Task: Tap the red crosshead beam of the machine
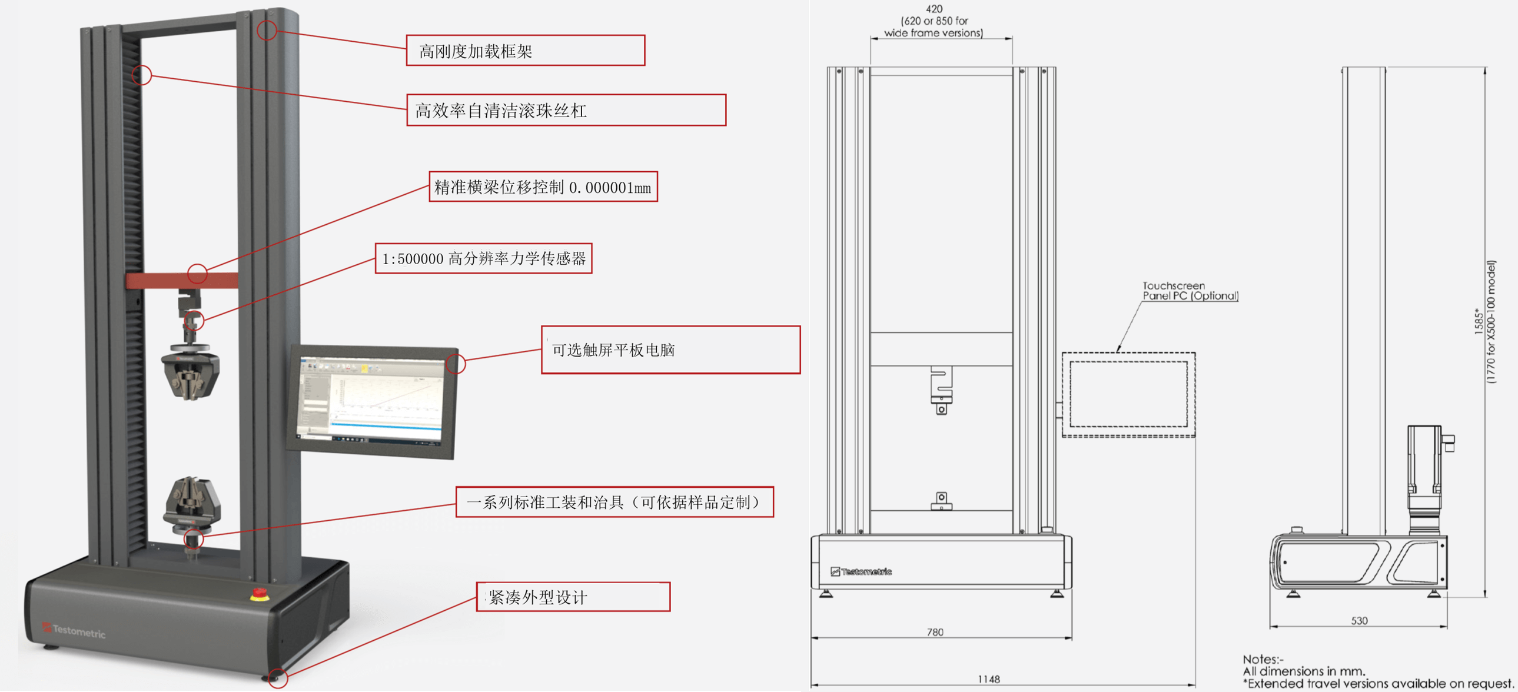pos(181,280)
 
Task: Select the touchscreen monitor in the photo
pos(373,401)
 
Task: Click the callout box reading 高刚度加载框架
pos(525,51)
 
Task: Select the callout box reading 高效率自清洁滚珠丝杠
pos(566,110)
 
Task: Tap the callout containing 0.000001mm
pos(543,187)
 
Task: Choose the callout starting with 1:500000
pos(483,258)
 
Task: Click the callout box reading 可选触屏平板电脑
pos(670,350)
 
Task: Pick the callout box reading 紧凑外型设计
pos(573,597)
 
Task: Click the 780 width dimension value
pos(935,632)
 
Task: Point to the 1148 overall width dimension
pos(988,679)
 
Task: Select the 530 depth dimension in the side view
pos(1359,620)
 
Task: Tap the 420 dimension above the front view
pos(934,9)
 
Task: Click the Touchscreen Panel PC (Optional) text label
pos(1190,291)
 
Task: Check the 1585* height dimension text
pos(1479,321)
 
